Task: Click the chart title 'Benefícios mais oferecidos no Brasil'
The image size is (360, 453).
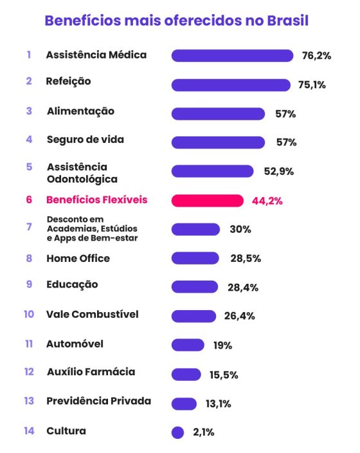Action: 176,21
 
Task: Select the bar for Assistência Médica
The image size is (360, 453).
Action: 232,56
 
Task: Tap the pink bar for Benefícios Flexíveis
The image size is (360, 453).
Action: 207,201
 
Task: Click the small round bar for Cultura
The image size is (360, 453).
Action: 178,433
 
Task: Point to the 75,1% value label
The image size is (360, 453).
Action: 312,85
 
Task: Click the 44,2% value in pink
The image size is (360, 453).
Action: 267,201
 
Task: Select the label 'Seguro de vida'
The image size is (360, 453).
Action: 85,140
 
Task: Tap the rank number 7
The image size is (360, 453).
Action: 29,227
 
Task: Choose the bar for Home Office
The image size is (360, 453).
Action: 195,258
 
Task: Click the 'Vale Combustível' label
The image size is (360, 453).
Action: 92,315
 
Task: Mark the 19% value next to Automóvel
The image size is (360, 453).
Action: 222,346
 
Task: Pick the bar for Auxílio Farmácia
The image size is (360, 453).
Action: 186,374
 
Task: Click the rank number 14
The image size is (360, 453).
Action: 29,431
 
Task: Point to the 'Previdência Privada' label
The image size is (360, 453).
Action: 98,402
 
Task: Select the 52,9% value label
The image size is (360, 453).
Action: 278,171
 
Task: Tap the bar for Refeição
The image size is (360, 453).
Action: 231,85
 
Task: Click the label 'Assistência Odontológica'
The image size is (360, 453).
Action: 82,173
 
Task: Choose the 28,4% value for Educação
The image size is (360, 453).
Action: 243,288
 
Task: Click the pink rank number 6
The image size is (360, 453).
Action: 29,199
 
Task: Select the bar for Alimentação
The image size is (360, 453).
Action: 218,114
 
